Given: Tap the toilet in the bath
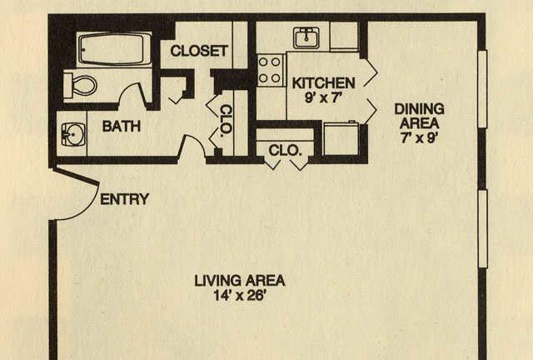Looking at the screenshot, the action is (81, 85).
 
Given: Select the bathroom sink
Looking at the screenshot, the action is (73, 134).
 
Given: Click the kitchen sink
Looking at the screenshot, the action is (306, 37).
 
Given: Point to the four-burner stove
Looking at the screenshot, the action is (270, 70).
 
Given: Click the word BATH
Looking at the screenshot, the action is (122, 126).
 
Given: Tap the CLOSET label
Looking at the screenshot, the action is (199, 51).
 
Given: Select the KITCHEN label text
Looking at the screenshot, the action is (324, 83).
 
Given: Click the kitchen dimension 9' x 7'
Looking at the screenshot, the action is (323, 98).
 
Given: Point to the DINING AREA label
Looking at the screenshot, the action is (419, 116).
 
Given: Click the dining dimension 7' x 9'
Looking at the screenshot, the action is (418, 137).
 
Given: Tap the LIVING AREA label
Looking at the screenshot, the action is (240, 281).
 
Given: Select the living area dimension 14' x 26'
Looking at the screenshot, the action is (239, 295).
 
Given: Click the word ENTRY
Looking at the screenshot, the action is (125, 199).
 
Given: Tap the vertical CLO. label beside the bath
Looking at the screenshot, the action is (227, 119).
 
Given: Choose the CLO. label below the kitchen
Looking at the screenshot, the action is (285, 150).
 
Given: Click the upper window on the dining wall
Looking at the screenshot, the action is (483, 89).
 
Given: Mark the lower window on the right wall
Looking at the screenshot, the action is (483, 229).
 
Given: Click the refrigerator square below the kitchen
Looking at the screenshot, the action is (341, 139).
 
